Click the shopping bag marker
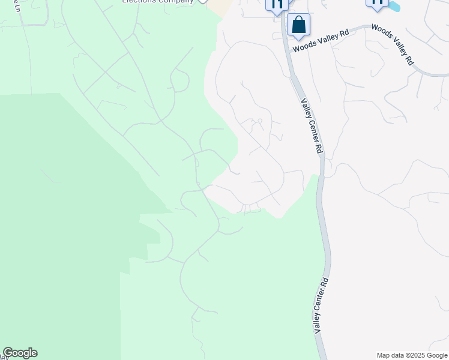[298, 26]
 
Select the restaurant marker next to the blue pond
[377, 4]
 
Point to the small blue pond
[394, 7]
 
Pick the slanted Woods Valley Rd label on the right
[393, 44]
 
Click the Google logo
[20, 353]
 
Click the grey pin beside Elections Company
[203, 2]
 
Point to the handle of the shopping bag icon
[298, 22]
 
